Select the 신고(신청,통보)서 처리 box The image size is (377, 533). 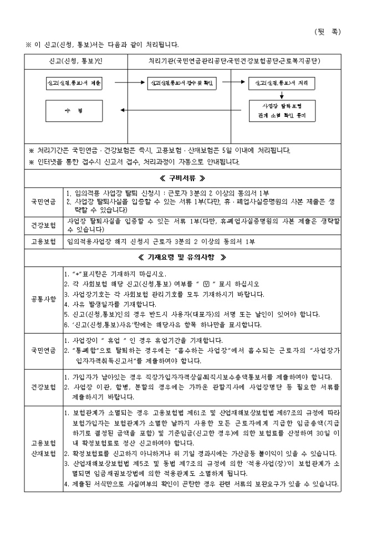click(x=282, y=83)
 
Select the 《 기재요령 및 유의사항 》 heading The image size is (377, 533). click(x=182, y=258)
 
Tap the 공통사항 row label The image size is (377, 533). click(x=44, y=299)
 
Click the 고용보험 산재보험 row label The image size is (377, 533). click(x=44, y=449)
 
